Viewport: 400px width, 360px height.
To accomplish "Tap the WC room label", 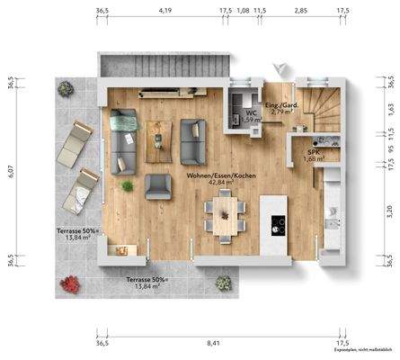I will (x=253, y=112).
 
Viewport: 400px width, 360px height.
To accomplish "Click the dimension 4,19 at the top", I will (x=164, y=11).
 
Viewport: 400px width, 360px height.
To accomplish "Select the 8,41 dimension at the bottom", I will (x=212, y=343).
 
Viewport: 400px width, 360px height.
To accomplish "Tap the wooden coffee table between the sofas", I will (x=158, y=133).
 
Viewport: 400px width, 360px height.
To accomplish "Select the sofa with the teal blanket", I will (x=122, y=139).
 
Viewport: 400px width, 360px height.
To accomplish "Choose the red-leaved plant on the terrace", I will (x=70, y=286).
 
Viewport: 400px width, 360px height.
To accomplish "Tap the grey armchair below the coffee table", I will (x=158, y=186).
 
